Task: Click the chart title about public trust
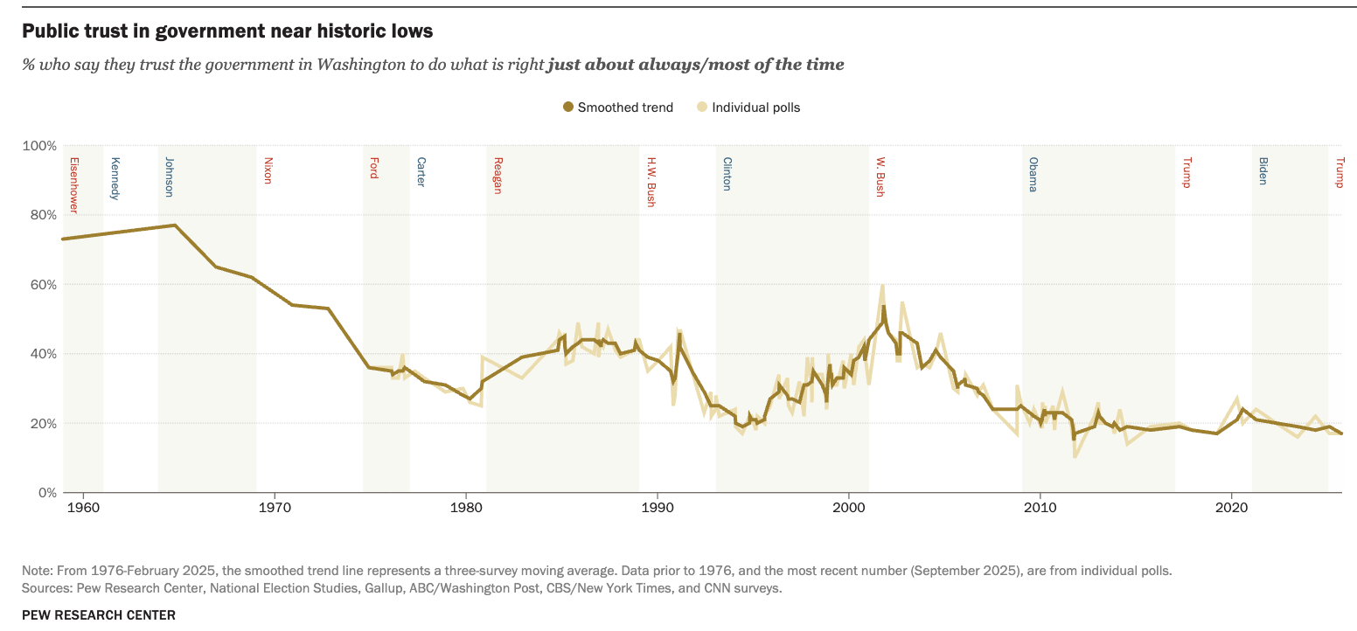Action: [x=227, y=31]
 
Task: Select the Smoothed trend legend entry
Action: [x=617, y=107]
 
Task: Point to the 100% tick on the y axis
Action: [x=39, y=145]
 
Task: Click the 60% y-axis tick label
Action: [x=42, y=284]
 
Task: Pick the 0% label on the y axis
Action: [x=45, y=493]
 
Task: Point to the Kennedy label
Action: [x=115, y=178]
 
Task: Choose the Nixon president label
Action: [x=268, y=170]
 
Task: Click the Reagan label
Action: [x=498, y=175]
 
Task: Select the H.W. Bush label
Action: [x=651, y=182]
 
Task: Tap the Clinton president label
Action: [x=727, y=174]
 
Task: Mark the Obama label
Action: [x=1033, y=174]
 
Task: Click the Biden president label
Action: [x=1263, y=170]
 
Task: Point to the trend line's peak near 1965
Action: [x=175, y=225]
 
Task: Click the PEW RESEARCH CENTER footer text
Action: [x=99, y=614]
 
